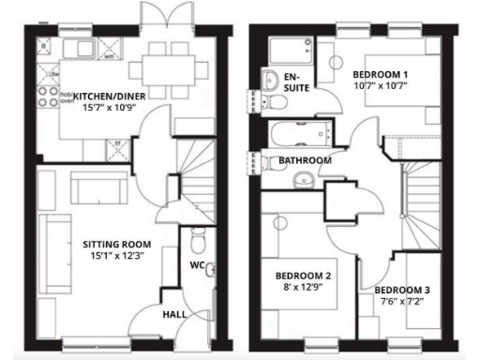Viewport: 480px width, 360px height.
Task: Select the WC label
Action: [198, 266]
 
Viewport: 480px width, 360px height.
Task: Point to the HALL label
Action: [174, 315]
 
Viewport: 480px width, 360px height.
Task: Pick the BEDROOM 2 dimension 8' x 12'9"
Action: [302, 289]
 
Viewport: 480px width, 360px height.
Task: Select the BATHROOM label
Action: [305, 161]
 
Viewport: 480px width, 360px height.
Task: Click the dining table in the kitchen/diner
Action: [170, 67]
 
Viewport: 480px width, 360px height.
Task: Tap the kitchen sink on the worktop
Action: [77, 48]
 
